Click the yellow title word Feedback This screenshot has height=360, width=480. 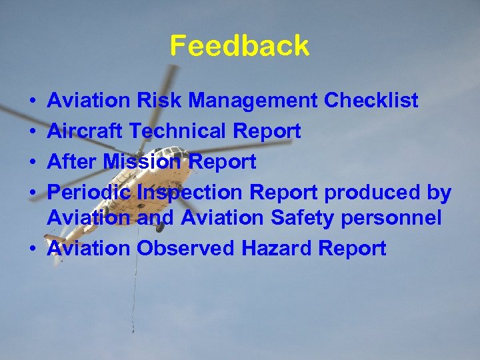tap(239, 46)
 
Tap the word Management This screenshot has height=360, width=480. tap(253, 101)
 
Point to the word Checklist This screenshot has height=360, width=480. tap(371, 101)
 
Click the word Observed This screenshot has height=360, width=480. tap(185, 248)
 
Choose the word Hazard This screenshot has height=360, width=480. tap(277, 248)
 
